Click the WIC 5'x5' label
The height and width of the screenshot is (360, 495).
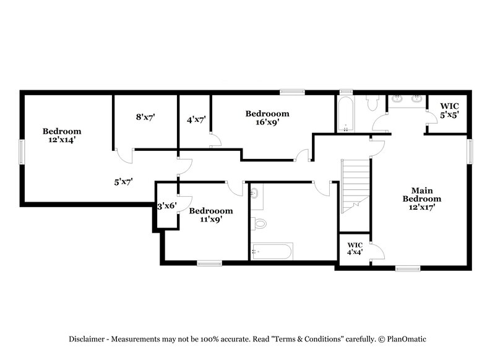[449, 111]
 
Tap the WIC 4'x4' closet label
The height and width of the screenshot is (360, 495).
[354, 248]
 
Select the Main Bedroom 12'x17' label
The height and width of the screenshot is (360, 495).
[422, 199]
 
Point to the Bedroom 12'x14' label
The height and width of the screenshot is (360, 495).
[62, 135]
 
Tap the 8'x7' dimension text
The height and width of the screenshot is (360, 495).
[145, 116]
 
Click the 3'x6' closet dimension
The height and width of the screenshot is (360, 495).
[167, 206]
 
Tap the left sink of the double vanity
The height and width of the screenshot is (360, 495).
[397, 98]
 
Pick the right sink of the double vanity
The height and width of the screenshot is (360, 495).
[416, 98]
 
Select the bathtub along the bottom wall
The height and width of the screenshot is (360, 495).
[272, 251]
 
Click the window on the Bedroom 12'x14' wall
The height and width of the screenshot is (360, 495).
[22, 150]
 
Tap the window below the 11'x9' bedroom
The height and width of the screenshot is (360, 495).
[209, 264]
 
